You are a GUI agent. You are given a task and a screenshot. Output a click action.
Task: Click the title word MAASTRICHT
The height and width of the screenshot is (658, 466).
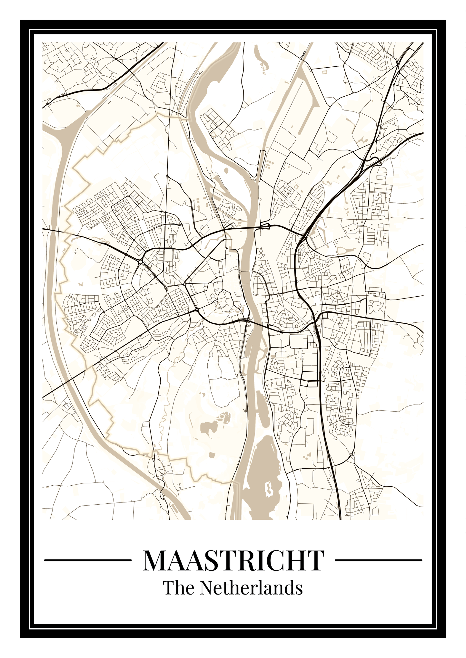pyautogui.click(x=233, y=561)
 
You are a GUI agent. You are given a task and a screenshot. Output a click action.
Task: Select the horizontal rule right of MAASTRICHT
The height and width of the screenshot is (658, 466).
pyautogui.click(x=379, y=560)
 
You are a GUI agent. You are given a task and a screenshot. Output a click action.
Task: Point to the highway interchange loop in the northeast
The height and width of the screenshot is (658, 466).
pyautogui.click(x=376, y=160)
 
